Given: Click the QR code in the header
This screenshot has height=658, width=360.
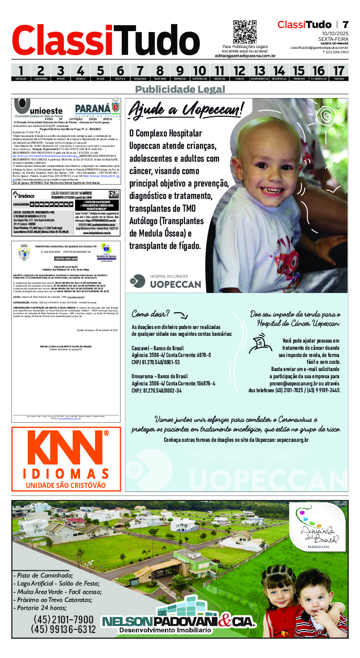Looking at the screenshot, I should point(245,32).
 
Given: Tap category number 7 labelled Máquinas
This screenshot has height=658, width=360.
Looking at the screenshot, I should point(140,72).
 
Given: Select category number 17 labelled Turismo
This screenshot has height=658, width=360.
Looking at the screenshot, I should point(338,72).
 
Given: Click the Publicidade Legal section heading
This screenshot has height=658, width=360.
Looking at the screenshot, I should point(180,89).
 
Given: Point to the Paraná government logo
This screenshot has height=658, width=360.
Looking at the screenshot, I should point(97,108).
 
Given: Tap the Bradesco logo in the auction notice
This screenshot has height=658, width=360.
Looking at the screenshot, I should point(24,196).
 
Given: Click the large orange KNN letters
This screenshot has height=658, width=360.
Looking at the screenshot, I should point(66,448).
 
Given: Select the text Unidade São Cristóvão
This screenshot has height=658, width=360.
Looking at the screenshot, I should point(66,485).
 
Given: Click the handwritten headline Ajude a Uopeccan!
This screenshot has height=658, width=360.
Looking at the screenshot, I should point(185,109).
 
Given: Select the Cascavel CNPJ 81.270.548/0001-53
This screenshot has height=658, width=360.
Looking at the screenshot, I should point(156,362).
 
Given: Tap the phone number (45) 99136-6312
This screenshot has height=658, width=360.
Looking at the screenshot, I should point(63,629).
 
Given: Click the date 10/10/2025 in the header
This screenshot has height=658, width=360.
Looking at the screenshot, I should point(335,33).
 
